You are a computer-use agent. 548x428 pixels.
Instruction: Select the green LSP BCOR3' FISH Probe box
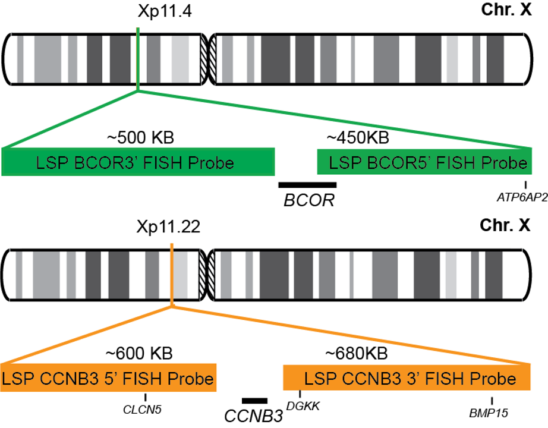pos(138,162)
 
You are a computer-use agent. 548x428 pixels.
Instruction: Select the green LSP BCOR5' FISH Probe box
pos(423,162)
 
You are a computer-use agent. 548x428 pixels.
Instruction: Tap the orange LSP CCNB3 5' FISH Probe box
pos(108,378)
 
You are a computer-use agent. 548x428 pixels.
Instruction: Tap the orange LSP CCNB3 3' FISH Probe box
pos(407,378)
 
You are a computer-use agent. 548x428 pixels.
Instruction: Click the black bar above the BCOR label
pos(307,185)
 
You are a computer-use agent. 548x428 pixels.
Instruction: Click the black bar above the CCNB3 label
pos(255,401)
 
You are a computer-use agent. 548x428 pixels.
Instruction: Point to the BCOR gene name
pos(308,201)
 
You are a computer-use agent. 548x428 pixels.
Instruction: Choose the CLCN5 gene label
pos(143,410)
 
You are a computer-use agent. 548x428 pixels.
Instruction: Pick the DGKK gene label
pos(303,406)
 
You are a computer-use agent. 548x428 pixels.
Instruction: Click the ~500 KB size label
pos(140,138)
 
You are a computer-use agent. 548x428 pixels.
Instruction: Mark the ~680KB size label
pos(356,354)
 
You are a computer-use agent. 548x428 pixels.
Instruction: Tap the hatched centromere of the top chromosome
pos(207,58)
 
